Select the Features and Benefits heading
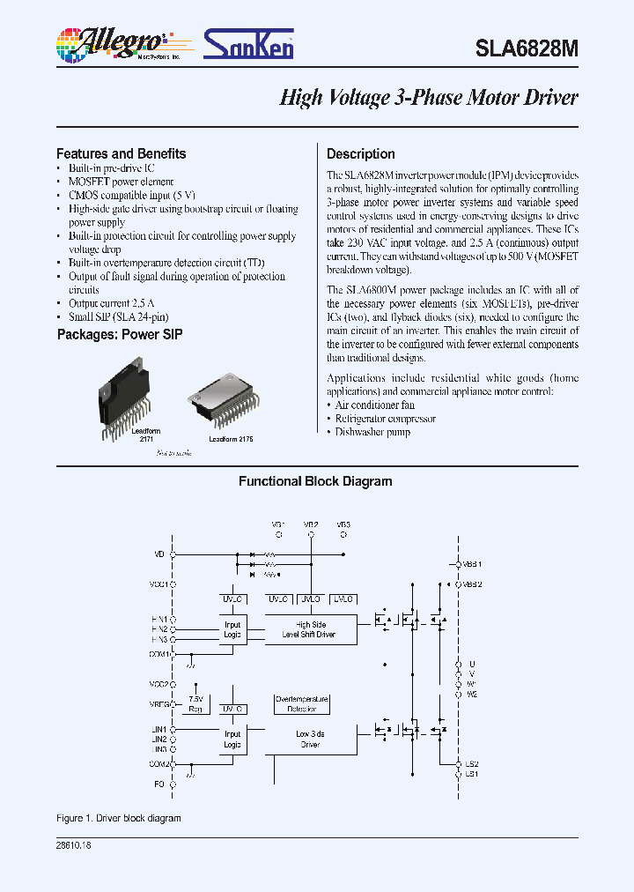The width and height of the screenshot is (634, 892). (122, 153)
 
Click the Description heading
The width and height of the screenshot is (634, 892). (361, 153)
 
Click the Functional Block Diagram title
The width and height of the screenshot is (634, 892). (315, 481)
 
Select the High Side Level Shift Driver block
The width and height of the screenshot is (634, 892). (308, 629)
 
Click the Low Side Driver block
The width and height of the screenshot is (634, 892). (308, 739)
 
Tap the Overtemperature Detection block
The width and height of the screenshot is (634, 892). (302, 703)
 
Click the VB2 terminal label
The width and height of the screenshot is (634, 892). (311, 524)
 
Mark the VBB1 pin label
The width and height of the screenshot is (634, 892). (473, 563)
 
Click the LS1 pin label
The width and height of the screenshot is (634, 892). (471, 773)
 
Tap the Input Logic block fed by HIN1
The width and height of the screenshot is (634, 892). (232, 629)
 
